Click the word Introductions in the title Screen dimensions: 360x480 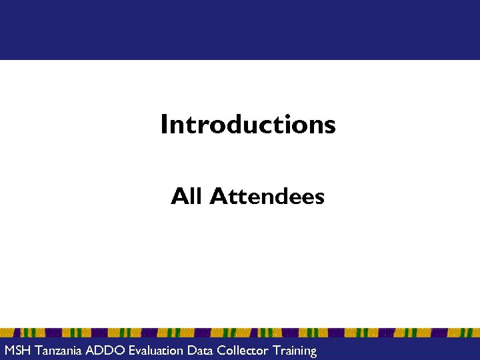[x=247, y=124]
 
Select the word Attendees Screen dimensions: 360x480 [x=267, y=197]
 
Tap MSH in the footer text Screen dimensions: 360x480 [x=17, y=351]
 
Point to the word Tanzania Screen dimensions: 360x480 [x=59, y=351]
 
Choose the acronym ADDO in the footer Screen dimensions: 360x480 [x=105, y=351]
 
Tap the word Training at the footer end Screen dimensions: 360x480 [x=295, y=351]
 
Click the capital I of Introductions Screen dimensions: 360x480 [x=163, y=124]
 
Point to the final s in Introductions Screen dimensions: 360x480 [x=330, y=126]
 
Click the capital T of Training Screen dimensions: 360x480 [x=276, y=351]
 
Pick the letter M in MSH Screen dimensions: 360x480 [x=9, y=351]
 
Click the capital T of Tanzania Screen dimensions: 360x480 [x=38, y=351]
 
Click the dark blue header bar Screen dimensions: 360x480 [x=240, y=30]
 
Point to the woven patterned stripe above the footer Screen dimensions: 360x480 [x=240, y=333]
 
